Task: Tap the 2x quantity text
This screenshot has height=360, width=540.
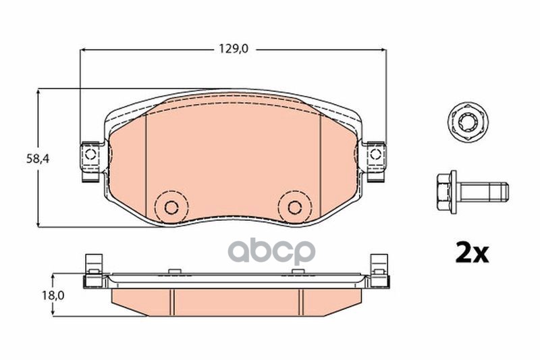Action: tap(470, 253)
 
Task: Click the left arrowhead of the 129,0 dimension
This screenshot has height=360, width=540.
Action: tap(84, 49)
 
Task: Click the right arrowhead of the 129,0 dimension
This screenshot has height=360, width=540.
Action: tap(381, 49)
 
